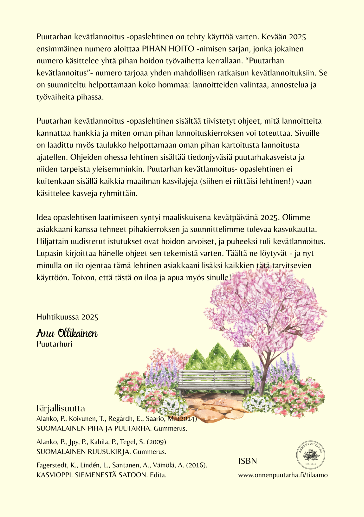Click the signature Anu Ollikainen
click(67, 333)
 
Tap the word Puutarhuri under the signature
click(54, 344)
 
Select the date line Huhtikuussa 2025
click(67, 317)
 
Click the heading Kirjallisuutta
click(61, 408)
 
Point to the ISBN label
click(247, 461)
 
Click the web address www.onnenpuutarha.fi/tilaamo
click(283, 475)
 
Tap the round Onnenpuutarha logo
click(311, 455)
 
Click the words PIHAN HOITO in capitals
click(168, 49)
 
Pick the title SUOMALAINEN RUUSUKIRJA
click(84, 452)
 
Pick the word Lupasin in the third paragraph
click(50, 254)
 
